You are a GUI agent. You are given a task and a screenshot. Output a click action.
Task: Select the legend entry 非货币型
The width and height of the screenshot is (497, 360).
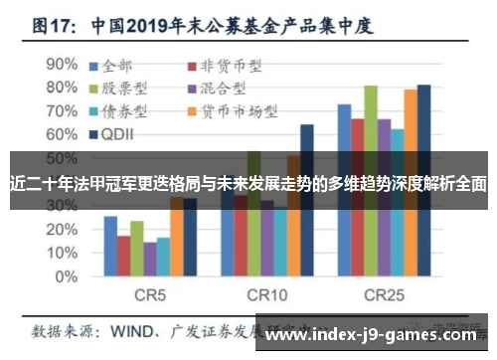(x=224, y=67)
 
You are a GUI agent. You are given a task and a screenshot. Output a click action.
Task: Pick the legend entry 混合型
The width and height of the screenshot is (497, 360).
(x=224, y=89)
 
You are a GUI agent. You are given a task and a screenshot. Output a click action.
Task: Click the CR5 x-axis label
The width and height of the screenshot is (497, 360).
(x=150, y=295)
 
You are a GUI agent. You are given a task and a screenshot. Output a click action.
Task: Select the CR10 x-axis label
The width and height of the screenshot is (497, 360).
(x=267, y=295)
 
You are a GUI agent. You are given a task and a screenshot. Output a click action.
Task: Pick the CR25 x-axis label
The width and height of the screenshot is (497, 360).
(x=384, y=295)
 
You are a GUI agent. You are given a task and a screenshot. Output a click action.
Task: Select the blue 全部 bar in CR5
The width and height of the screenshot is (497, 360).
(x=110, y=244)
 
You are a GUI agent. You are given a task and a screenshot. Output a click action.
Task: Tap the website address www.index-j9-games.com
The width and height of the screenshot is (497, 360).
(x=372, y=335)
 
